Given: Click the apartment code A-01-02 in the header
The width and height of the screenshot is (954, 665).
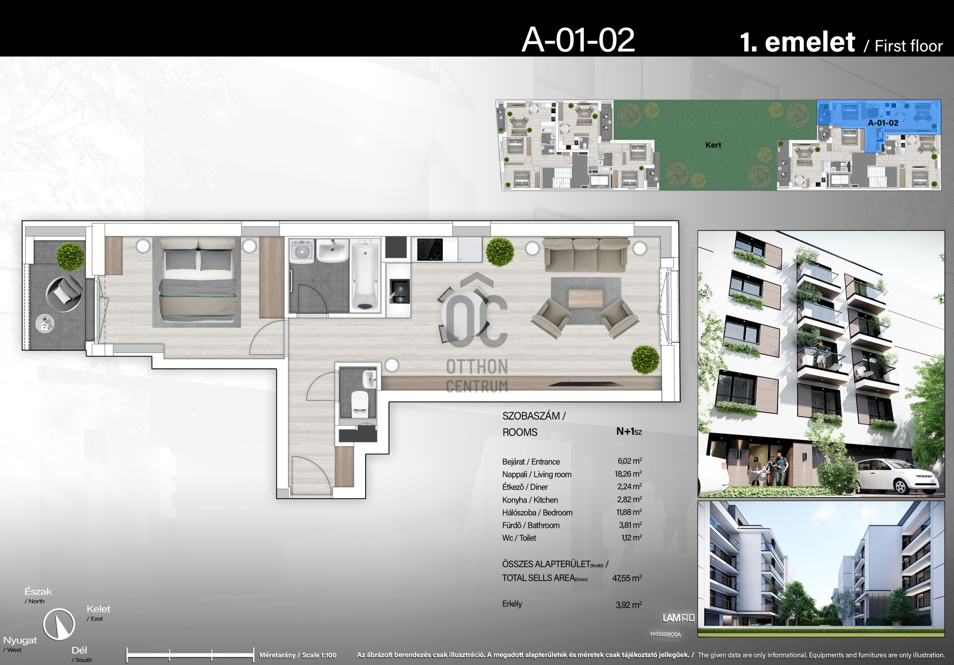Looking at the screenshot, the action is pyautogui.click(x=578, y=40).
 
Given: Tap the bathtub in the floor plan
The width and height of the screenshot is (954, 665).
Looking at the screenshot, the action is pyautogui.click(x=365, y=275).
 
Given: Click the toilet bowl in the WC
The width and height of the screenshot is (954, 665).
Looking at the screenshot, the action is pyautogui.click(x=359, y=403).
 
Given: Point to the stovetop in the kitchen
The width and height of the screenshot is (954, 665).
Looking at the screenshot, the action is pyautogui.click(x=430, y=249).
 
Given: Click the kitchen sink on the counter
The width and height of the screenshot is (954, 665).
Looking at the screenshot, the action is pyautogui.click(x=399, y=292).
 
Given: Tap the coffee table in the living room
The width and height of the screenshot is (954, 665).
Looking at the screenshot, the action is pyautogui.click(x=585, y=298).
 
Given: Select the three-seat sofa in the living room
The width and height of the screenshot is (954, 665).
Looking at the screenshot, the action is pyautogui.click(x=586, y=254).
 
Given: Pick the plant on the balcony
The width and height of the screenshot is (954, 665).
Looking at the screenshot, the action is pyautogui.click(x=71, y=256).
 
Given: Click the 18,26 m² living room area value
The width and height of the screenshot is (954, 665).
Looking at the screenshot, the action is pyautogui.click(x=629, y=474).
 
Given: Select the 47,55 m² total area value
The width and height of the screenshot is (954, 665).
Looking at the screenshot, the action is pyautogui.click(x=627, y=578).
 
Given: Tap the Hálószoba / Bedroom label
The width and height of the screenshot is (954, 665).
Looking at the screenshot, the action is pyautogui.click(x=537, y=513).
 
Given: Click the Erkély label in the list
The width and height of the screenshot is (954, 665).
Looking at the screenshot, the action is pyautogui.click(x=512, y=604).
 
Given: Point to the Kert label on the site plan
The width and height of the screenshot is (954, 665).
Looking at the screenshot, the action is pyautogui.click(x=714, y=145).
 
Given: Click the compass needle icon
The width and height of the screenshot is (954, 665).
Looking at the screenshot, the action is pyautogui.click(x=59, y=624).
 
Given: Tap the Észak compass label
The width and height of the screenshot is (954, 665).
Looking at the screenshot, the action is pyautogui.click(x=38, y=591).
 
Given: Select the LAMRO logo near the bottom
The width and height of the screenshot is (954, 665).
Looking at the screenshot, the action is pyautogui.click(x=679, y=618).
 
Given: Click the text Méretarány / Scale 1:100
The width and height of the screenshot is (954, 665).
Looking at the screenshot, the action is pyautogui.click(x=298, y=655).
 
